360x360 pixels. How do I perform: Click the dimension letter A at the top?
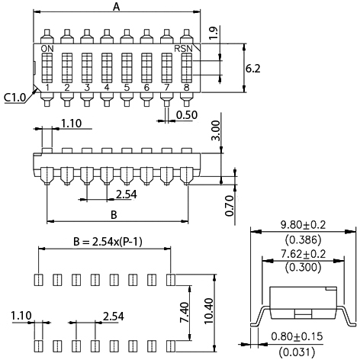[x=116, y=8]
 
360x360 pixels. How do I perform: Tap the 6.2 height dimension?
[x=253, y=68]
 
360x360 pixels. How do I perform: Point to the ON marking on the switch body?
[x=47, y=49]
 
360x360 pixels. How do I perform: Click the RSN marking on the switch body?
[x=184, y=49]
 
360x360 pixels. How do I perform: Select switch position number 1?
[x=47, y=88]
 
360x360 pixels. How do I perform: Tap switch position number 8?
[x=186, y=88]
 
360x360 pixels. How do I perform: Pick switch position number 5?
[x=127, y=88]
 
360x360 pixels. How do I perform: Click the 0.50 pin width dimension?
[x=188, y=115]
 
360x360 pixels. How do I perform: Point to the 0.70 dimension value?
[x=230, y=204]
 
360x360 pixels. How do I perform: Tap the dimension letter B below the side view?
[x=114, y=214]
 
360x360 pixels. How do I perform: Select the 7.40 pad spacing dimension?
[x=183, y=310]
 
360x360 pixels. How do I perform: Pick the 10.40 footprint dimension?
[x=208, y=310]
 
